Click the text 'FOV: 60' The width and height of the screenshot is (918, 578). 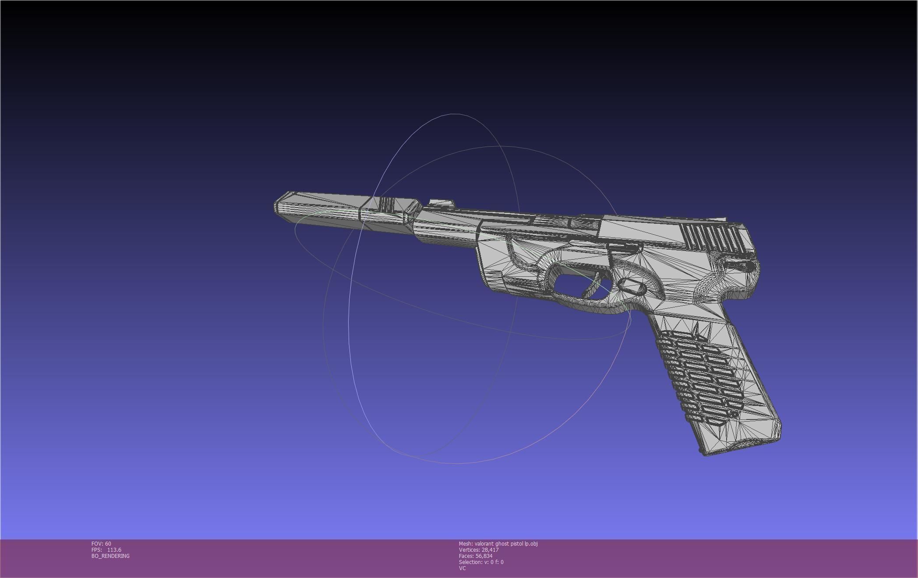[x=101, y=543]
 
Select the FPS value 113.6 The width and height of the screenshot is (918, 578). [x=114, y=550]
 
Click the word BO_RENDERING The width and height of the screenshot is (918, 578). [x=110, y=556]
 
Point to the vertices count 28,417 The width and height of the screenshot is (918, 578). [x=490, y=550]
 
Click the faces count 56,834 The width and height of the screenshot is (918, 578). [x=484, y=556]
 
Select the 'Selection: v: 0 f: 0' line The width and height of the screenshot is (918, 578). [x=481, y=562]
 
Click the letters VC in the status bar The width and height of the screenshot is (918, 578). [x=462, y=568]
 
